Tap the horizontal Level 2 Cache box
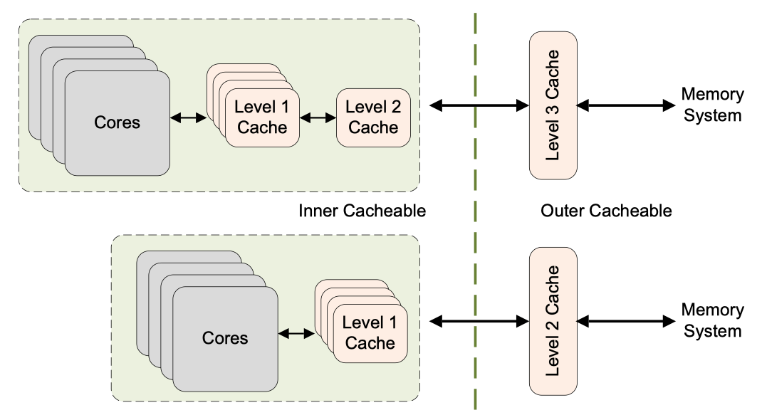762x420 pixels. click(x=373, y=117)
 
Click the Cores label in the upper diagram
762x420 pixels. click(x=118, y=122)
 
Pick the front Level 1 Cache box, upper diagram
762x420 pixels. click(x=262, y=117)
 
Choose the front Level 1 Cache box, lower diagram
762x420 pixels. click(x=369, y=332)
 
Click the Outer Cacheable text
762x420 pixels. click(x=607, y=211)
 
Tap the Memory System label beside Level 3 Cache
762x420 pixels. click(x=712, y=105)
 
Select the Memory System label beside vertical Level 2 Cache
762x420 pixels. click(x=712, y=320)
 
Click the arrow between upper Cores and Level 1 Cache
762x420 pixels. click(x=188, y=118)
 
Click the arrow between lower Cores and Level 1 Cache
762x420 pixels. click(x=296, y=332)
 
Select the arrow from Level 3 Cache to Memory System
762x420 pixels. click(x=625, y=105)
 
